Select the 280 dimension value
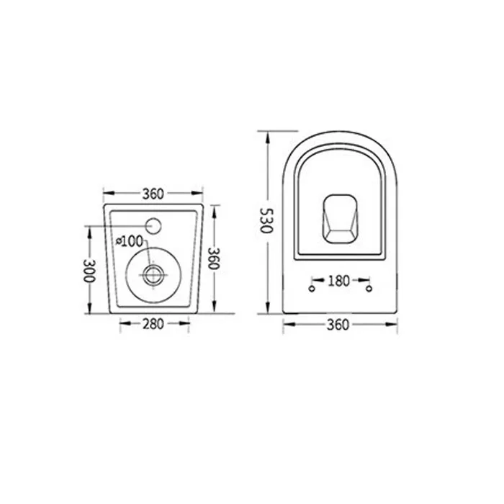point(153,324)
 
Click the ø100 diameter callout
point(130,242)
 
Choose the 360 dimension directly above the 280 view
point(153,193)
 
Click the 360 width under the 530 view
point(338,325)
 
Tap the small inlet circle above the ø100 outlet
point(155,225)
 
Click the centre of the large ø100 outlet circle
point(153,274)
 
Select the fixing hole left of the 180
point(311,289)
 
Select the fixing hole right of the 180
point(368,289)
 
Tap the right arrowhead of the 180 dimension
point(366,280)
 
